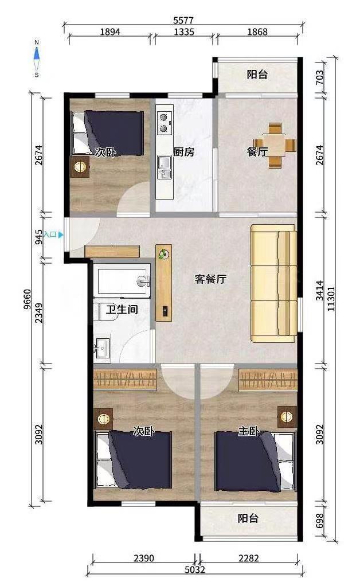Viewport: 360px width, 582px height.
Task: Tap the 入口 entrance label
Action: click(50, 235)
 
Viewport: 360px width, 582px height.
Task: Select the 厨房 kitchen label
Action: click(183, 152)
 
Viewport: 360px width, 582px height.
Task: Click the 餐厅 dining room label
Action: click(257, 151)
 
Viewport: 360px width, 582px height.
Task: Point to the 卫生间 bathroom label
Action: click(122, 309)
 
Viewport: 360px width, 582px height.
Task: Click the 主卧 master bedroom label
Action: click(248, 431)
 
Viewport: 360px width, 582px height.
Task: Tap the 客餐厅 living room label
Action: click(210, 279)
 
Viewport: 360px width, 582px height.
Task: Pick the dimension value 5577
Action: click(183, 20)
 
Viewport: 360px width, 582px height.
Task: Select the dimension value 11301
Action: click(331, 298)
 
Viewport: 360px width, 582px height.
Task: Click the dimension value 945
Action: click(38, 237)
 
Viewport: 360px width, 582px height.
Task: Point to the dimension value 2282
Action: click(249, 558)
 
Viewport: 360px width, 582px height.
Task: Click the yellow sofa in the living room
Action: click(273, 283)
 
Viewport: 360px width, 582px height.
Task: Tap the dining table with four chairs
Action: click(275, 145)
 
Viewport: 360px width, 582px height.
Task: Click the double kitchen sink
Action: click(164, 167)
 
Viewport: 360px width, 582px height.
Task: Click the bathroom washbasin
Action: click(102, 348)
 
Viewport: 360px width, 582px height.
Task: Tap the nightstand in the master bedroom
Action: click(287, 417)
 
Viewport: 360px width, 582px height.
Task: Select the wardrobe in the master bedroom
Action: click(268, 380)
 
